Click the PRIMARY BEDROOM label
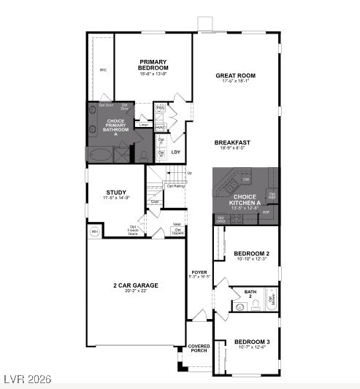coord(153,66)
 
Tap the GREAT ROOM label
coord(235,75)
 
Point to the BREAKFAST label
coord(232,142)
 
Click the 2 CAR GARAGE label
coord(135,285)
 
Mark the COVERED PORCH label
coord(199,348)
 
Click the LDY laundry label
coord(176,153)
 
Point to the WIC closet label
coord(103,71)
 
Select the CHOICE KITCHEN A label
coord(244,200)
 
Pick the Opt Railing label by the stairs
coord(175,185)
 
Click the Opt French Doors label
coord(134,230)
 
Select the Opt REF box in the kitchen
coord(272,196)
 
